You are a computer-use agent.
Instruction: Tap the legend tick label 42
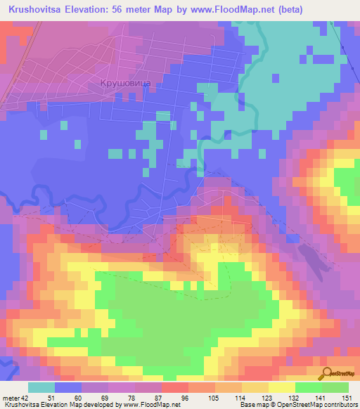tap(25, 398)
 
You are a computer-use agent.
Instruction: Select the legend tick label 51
tap(51, 398)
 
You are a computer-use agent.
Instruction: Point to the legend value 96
tap(185, 398)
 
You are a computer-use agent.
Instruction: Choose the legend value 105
tap(212, 398)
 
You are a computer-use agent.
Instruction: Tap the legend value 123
tap(265, 398)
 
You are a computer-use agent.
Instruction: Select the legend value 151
tap(345, 398)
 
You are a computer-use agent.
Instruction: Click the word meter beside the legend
tap(11, 398)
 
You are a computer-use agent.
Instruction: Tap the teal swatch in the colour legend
tap(41, 387)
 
